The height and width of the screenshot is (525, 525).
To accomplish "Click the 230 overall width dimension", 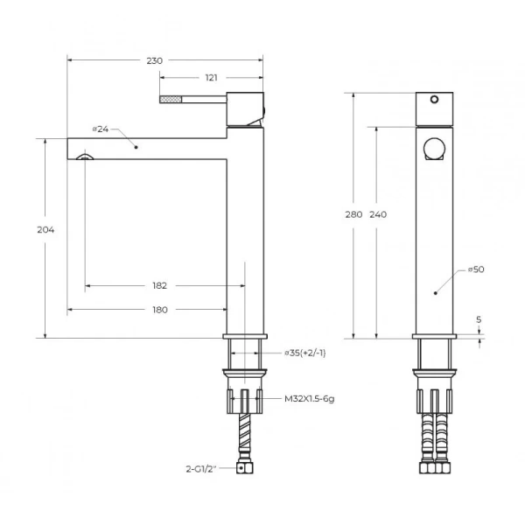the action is pyautogui.click(x=154, y=61).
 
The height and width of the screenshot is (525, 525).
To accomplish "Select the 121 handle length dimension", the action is pyautogui.click(x=211, y=78).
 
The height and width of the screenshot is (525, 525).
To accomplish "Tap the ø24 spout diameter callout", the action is pyautogui.click(x=101, y=129).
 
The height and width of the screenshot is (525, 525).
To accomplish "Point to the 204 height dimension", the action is pyautogui.click(x=45, y=229).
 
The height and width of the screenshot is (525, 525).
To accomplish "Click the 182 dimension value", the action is pyautogui.click(x=160, y=285).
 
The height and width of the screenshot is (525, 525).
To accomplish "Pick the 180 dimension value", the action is pyautogui.click(x=160, y=310).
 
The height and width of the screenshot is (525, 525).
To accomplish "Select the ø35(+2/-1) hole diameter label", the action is pyautogui.click(x=305, y=353).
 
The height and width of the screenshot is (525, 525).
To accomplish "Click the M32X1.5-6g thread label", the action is pyautogui.click(x=310, y=399).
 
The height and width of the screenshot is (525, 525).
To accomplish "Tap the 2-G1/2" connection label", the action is pyautogui.click(x=201, y=469).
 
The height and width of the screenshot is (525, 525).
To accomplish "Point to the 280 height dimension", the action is pyautogui.click(x=353, y=214).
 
